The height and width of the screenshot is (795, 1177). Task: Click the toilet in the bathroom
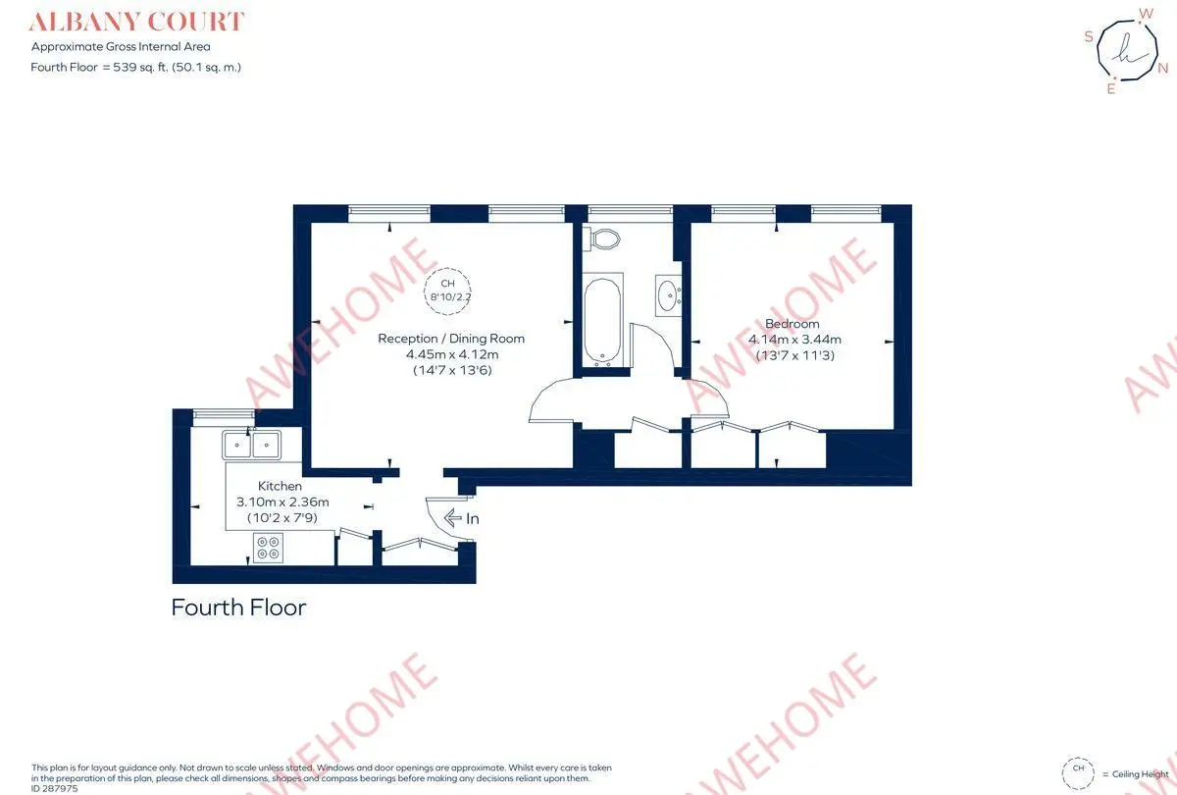[x=602, y=238]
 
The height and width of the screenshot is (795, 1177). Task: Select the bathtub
[x=602, y=321]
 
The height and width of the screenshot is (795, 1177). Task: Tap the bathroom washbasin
[x=668, y=295]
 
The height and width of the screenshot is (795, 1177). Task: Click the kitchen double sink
[x=251, y=446]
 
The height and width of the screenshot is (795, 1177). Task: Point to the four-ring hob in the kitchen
[x=268, y=548]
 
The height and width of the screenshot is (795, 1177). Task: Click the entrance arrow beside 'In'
[x=452, y=518]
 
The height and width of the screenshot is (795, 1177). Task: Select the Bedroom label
[x=792, y=323]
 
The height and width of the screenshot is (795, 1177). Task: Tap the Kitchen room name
[x=280, y=486]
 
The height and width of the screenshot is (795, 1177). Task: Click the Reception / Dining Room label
[x=451, y=338]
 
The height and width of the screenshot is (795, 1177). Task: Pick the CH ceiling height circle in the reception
[x=447, y=291]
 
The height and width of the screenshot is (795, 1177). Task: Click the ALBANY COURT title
[x=136, y=22]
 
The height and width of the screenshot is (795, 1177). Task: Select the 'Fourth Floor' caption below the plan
[x=238, y=608]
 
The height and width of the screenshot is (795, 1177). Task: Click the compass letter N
[x=1163, y=68]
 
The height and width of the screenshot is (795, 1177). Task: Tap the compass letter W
[x=1146, y=14]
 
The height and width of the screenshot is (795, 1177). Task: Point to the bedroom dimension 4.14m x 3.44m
[x=794, y=340]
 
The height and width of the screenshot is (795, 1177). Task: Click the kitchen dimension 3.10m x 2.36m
[x=282, y=502]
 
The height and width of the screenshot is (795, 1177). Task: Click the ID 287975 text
[x=54, y=789]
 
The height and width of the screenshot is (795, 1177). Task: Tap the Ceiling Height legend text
[x=1140, y=774]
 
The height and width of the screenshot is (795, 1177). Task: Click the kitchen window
[x=225, y=415]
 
